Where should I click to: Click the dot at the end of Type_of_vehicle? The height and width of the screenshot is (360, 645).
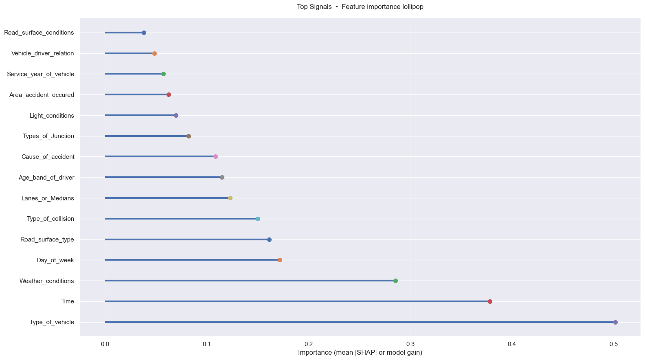point(615,322)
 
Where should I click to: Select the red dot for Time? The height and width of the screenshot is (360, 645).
point(490,301)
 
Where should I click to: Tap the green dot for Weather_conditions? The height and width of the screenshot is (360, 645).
point(395,281)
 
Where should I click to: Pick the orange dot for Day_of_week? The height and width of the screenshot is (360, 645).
point(280,260)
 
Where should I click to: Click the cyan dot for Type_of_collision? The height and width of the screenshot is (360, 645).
point(258,219)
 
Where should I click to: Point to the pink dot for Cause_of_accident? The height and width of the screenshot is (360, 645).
point(215,157)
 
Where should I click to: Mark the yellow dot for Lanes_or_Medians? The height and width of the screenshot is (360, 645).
point(230,198)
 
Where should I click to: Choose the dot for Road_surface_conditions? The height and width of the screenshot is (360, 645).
point(144,33)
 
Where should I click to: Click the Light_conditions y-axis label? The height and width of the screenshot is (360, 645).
point(52,116)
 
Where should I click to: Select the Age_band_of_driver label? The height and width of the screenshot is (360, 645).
point(46,178)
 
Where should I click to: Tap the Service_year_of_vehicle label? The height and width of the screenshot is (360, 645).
point(40,74)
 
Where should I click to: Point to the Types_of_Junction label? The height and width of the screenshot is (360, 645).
point(48,136)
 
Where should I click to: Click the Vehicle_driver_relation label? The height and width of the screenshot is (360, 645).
point(43,53)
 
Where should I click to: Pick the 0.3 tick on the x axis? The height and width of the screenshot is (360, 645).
point(410,344)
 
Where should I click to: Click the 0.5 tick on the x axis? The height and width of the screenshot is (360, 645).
point(614,344)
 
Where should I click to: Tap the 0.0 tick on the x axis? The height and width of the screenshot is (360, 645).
point(105,344)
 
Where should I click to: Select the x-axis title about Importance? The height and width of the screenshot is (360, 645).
point(360,353)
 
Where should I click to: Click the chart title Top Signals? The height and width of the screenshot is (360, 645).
point(360,7)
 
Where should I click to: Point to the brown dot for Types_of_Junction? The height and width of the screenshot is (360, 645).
point(189,136)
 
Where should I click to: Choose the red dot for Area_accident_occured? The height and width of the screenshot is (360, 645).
point(169,94)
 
